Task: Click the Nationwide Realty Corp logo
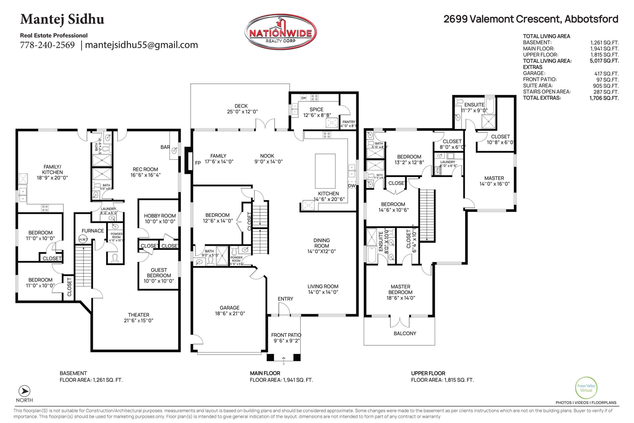[280, 32]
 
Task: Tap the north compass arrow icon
[24, 391]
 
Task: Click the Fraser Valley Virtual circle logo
[586, 388]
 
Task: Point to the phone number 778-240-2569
[47, 45]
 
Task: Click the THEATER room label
[139, 315]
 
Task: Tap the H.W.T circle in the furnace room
[83, 239]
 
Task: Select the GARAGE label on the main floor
[229, 308]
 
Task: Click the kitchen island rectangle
[325, 171]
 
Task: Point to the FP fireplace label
[198, 163]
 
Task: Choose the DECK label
[241, 106]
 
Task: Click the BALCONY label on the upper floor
[405, 334]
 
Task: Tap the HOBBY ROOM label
[160, 216]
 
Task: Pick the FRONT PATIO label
[286, 335]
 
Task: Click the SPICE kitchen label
[316, 110]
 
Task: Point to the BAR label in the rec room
[165, 147]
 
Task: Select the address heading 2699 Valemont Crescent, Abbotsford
[531, 19]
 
